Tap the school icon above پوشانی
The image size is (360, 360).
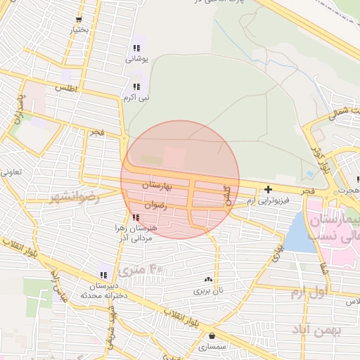[135, 48]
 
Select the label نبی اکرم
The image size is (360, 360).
[138, 98]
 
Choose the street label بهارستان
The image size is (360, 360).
[157, 186]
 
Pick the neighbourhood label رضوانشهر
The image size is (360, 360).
[74, 198]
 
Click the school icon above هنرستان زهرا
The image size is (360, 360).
[135, 218]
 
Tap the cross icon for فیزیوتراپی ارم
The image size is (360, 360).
[268, 189]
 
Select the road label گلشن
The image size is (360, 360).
[226, 194]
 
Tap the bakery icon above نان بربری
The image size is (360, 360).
[208, 279]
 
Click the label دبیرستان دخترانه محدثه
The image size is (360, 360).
[106, 290]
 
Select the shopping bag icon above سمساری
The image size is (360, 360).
[212, 337]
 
